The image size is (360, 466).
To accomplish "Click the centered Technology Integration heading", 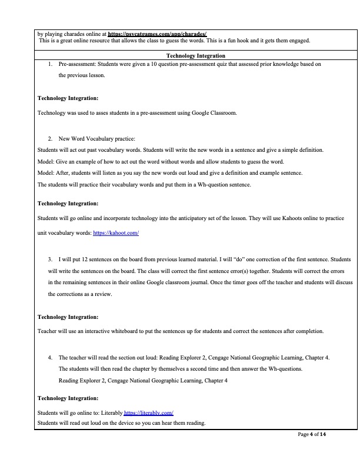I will point(196,55).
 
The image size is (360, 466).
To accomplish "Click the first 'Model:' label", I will point(45,161).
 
